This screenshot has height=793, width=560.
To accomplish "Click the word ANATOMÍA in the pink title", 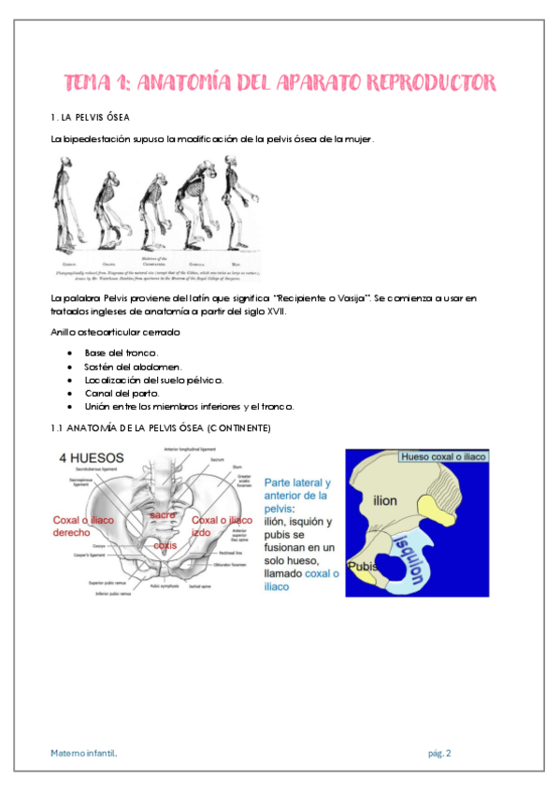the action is point(183,82).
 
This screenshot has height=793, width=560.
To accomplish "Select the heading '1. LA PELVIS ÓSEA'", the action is point(91,117).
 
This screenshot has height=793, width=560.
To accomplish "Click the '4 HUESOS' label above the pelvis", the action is point(89,458).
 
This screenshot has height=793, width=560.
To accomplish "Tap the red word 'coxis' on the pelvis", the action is point(165,544).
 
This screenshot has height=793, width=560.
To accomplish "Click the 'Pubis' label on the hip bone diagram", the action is point(361,567).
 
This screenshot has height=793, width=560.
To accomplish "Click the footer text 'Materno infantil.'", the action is point(84,752).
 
